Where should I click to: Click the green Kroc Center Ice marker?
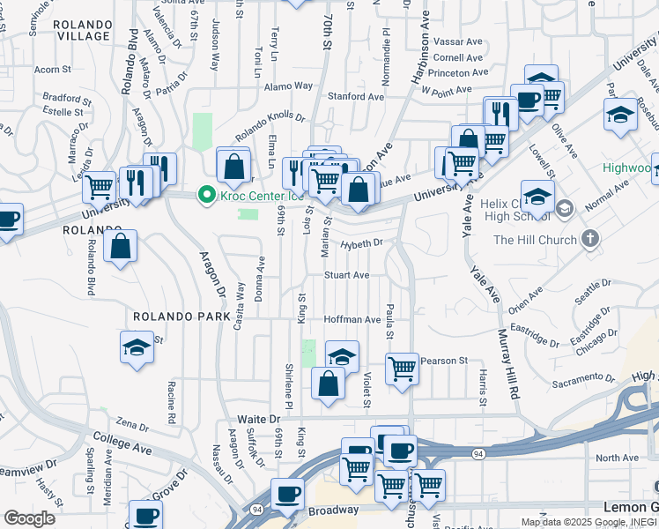(x=208, y=194)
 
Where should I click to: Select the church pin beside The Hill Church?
(x=590, y=240)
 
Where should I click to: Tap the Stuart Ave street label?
(x=346, y=275)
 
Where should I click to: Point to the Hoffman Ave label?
(x=352, y=319)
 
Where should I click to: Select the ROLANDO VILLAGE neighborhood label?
(x=81, y=30)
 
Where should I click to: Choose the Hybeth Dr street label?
(x=362, y=243)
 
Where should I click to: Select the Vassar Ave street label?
(x=457, y=41)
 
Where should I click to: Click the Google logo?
(x=29, y=518)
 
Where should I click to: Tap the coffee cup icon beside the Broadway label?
(x=286, y=494)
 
